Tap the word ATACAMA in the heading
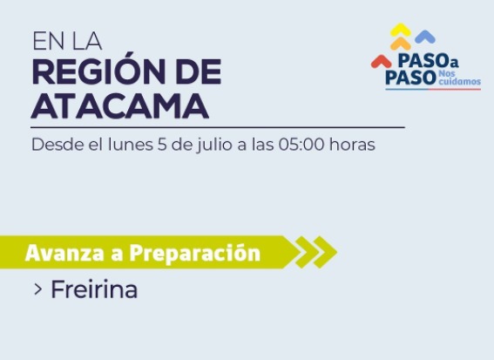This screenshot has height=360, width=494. [x=120, y=105]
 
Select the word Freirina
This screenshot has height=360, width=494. [x=94, y=289]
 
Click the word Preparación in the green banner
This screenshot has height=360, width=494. [x=195, y=253]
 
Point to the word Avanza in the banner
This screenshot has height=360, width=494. [x=64, y=253]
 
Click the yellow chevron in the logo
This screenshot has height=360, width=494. [x=401, y=30]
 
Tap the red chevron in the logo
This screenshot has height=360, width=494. [x=381, y=61]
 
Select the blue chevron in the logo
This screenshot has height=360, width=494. [x=425, y=37]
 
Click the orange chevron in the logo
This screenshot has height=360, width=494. [x=401, y=44]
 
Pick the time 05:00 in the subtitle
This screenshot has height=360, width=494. [x=301, y=145]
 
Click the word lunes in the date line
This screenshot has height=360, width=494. [x=131, y=145]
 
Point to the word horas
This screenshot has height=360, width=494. [x=352, y=145]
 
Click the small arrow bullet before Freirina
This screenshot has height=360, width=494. [x=37, y=289]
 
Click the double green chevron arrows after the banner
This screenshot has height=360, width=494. [x=315, y=252]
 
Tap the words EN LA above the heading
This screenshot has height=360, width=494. [x=67, y=41]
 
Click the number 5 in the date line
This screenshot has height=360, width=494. [x=162, y=145]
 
